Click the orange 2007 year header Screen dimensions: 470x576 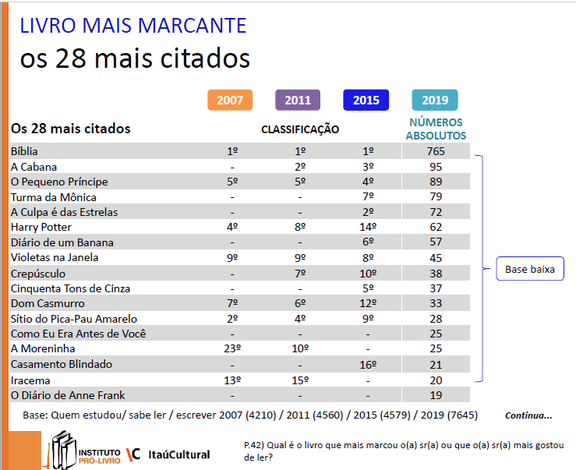pos(230,101)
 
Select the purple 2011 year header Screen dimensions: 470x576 pos(298,101)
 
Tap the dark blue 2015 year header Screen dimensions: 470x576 pos(366,101)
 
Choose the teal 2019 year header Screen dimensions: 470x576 pos(435,101)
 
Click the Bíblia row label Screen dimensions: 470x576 pos(24,151)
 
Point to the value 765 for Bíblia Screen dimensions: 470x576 pos(435,151)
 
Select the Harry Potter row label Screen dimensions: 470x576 pos(41,227)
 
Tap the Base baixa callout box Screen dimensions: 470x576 pos(530,270)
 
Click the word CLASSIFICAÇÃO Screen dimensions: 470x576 pos(300,129)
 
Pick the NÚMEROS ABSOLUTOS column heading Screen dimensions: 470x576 pos(436,129)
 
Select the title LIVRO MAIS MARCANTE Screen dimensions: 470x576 pos(133,26)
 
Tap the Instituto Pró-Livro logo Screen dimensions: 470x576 pos(85,451)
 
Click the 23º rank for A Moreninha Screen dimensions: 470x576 pos(230,348)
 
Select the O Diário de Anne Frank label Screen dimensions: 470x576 pos(68,394)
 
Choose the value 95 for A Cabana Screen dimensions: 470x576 pos(435,167)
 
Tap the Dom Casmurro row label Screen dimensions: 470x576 pos(48,303)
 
